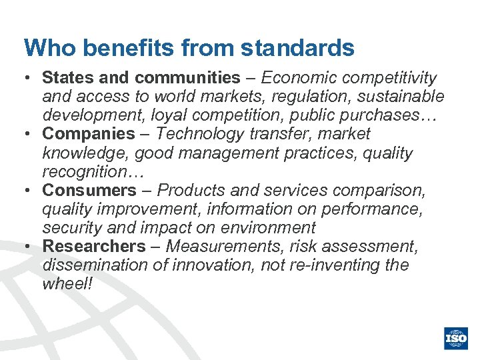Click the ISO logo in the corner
coord(457,338)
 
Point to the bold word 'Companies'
coord(89,134)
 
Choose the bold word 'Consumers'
coord(89,190)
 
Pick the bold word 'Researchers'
coord(94,246)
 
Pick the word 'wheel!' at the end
coord(67,283)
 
